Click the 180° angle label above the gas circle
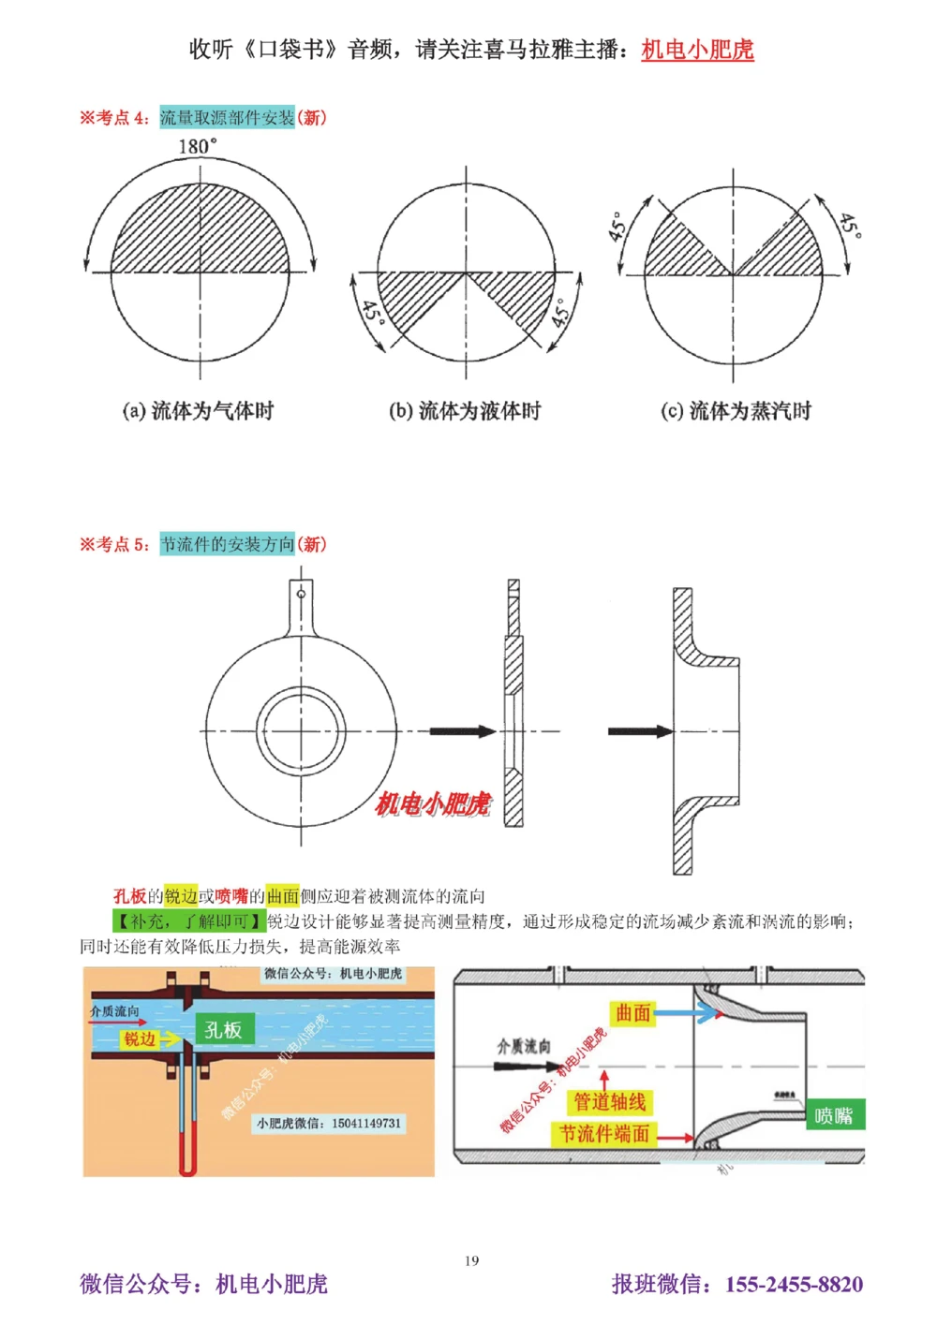click(197, 146)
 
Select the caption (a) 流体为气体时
click(198, 411)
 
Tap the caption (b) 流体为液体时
click(465, 411)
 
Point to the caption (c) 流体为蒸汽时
click(736, 411)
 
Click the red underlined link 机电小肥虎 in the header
click(697, 50)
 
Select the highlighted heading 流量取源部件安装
click(227, 118)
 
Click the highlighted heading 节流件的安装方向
click(227, 544)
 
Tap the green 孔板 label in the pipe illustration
click(223, 1030)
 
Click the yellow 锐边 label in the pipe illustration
click(140, 1039)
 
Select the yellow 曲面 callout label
click(633, 1012)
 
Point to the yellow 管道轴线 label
click(610, 1102)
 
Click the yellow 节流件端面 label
click(604, 1134)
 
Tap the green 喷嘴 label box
click(833, 1115)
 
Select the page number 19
click(471, 1260)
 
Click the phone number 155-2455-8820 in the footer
click(794, 1285)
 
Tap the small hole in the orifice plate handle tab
click(301, 593)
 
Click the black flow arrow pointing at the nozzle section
click(640, 731)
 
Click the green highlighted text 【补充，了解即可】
click(188, 921)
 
